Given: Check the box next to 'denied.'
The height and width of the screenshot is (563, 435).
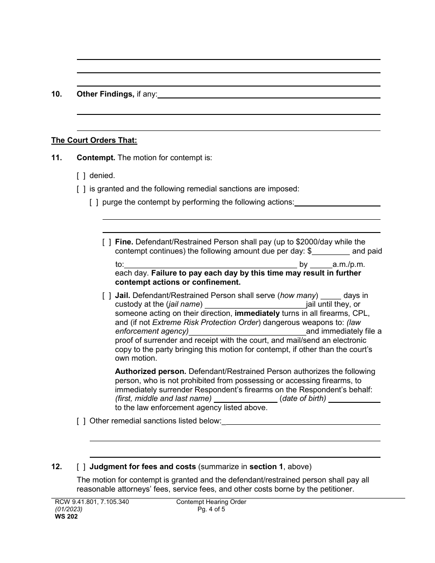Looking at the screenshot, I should coord(81,175).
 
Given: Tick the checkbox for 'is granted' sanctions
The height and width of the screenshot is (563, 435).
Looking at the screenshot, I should coord(81,189).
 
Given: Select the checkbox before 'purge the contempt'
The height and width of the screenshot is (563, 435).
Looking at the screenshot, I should coord(94,202).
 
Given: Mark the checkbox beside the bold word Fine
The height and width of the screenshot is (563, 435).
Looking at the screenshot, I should coord(107,242).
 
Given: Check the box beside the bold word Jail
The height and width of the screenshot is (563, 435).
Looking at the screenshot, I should coord(107,295).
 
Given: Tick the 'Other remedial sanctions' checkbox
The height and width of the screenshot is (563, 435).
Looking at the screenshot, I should coord(81,421).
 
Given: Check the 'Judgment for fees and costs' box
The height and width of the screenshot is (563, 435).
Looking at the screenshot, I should coord(81,467).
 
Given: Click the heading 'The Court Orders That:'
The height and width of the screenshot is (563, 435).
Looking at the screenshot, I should coord(94,141).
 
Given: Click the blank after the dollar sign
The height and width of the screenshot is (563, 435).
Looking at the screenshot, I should coord(331,251).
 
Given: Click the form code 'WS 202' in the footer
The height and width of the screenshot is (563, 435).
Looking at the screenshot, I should coord(63,516).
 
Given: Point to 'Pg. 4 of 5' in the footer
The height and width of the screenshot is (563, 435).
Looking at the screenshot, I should coord(211,509).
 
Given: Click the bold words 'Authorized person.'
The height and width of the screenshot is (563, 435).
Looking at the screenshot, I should coord(151,371).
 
